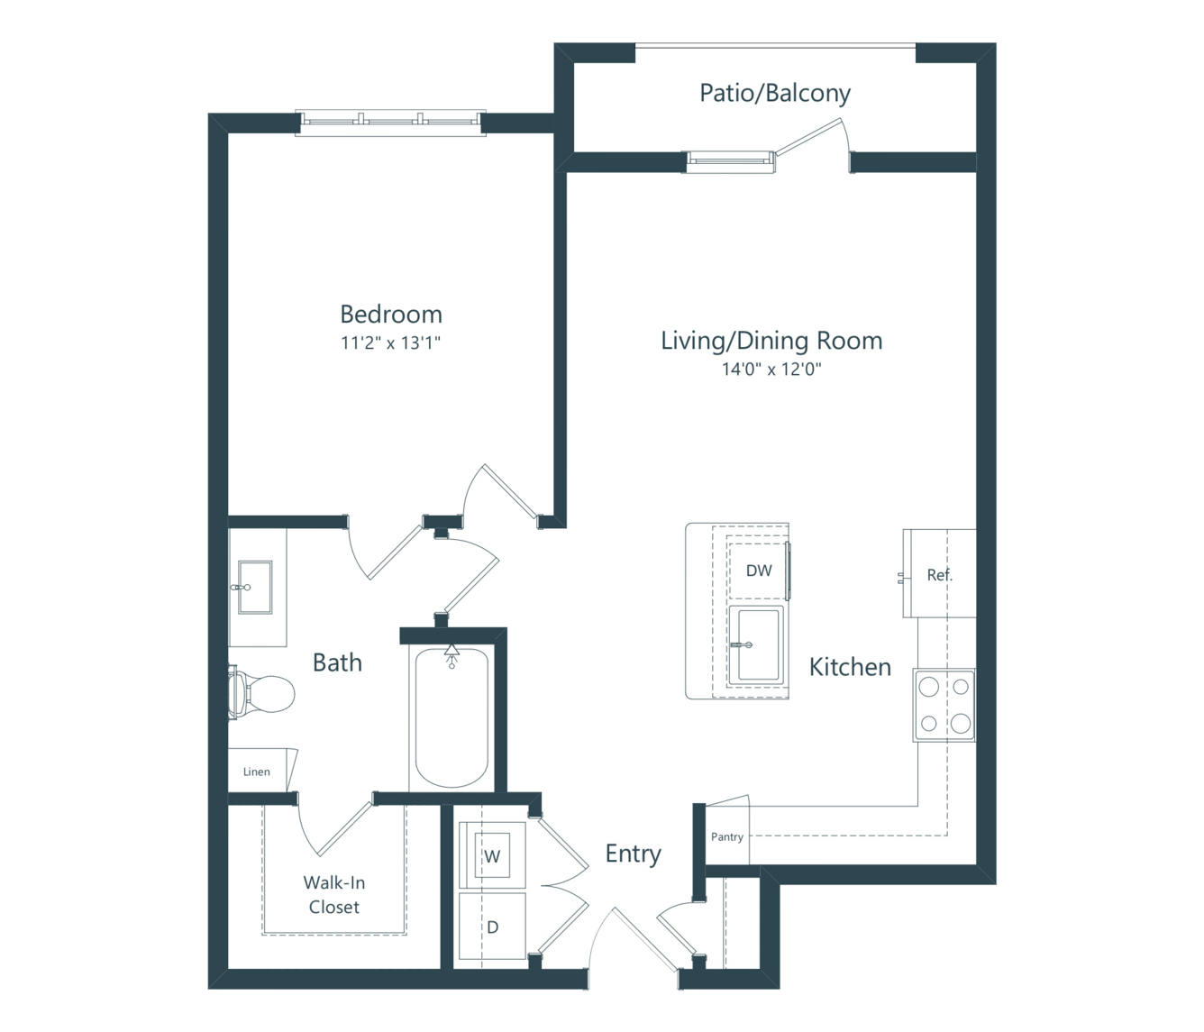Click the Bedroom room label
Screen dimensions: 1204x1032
[391, 315]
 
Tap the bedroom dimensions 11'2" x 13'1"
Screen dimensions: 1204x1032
[390, 342]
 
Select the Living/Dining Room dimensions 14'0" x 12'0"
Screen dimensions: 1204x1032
[771, 369]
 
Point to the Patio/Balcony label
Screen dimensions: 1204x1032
[775, 93]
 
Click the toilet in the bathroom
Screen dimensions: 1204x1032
[261, 693]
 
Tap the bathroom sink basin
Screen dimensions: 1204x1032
[255, 588]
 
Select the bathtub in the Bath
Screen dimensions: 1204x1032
[451, 718]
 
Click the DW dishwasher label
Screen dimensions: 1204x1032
[759, 571]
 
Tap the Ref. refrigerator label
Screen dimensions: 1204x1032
[940, 575]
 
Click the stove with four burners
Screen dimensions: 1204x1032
[944, 705]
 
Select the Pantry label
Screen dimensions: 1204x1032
[727, 836]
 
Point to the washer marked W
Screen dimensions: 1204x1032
[492, 855]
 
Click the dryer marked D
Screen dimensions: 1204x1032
[492, 927]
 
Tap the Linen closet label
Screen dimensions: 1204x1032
[256, 772]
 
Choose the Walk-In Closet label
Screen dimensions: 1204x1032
[333, 894]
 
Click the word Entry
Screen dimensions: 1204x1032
[634, 854]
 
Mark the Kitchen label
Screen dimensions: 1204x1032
[850, 667]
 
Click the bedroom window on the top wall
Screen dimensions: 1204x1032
[390, 123]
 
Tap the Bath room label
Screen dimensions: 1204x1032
[337, 662]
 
